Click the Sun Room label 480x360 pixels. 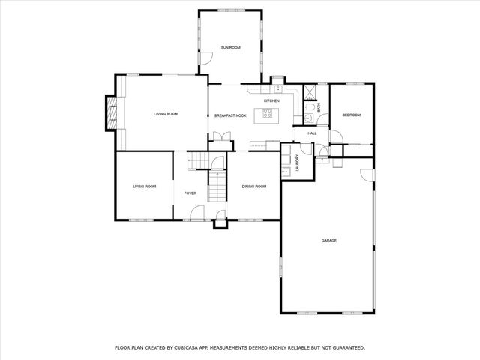tap(230, 48)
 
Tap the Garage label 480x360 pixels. tap(328, 241)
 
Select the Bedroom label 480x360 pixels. tap(352, 115)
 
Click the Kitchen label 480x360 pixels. tap(271, 100)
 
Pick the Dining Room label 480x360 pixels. tap(254, 186)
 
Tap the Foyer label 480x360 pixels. tap(190, 193)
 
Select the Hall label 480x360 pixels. tap(312, 133)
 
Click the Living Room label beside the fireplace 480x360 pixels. tap(166, 114)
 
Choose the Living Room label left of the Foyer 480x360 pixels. tap(145, 186)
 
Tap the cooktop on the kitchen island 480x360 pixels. tap(265, 115)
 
